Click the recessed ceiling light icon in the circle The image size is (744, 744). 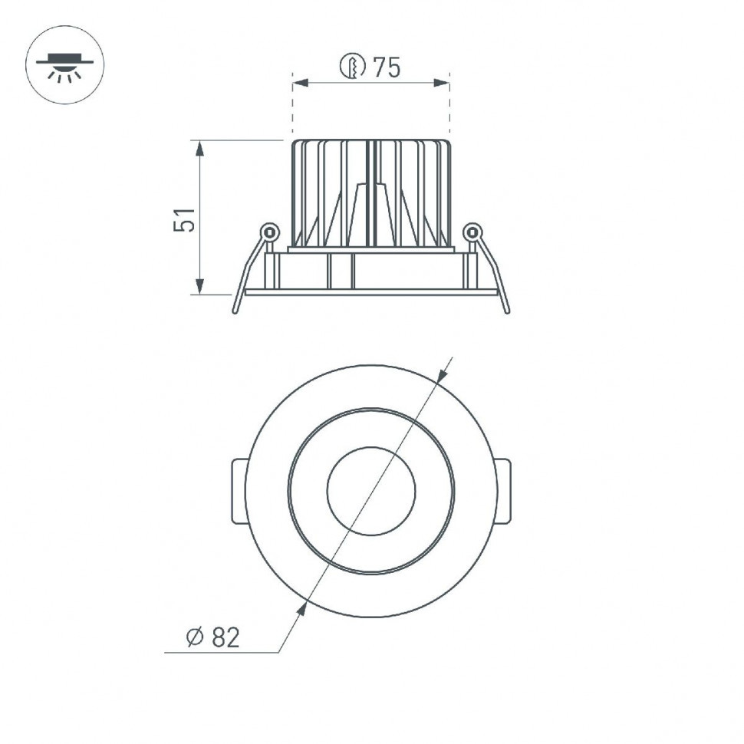[65, 66]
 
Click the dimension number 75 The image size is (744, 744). [387, 68]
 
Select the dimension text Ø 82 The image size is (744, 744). [213, 637]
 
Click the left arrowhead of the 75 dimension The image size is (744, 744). [300, 83]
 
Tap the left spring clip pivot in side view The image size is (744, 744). [268, 231]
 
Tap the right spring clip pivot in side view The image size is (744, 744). [472, 230]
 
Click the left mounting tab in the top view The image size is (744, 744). [239, 491]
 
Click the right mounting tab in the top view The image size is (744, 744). [502, 491]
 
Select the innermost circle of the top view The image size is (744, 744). [371, 491]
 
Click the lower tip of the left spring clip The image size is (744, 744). [235, 310]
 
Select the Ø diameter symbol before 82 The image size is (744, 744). [193, 637]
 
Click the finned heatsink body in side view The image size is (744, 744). [371, 192]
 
